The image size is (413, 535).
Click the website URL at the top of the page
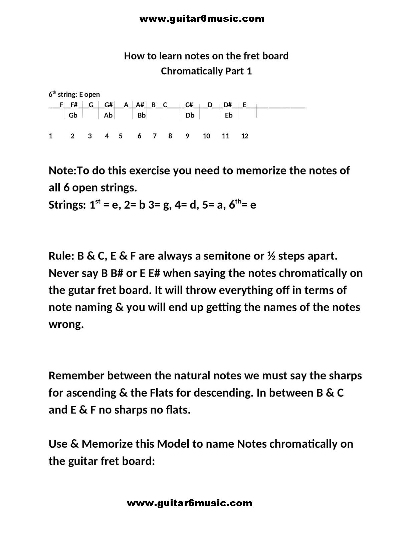pos(202,18)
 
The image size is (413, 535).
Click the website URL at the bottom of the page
pos(189,503)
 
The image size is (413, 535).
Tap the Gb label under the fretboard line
pos(73,115)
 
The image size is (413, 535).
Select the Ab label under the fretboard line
pos(108,115)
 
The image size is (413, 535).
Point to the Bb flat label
pos(142,115)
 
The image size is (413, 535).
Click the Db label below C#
pos(190,115)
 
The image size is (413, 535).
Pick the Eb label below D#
pos(229,115)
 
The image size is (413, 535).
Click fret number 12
pos(245,136)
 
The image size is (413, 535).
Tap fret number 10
pos(206,136)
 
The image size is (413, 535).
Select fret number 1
pos(51,136)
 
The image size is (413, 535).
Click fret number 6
pos(139,136)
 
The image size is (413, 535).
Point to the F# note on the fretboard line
pos(74,105)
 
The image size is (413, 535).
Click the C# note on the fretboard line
pos(189,105)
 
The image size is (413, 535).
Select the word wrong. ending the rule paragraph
pos(66,324)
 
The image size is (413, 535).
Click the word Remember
pos(76,376)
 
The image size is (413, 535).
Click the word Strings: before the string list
pos(67,205)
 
